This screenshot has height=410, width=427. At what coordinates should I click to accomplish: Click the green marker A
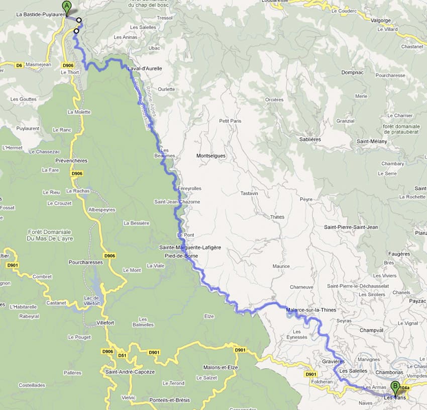(66, 7)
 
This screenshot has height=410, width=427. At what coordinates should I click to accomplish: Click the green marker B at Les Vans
(395, 388)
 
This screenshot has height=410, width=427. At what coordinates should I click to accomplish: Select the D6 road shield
(19, 65)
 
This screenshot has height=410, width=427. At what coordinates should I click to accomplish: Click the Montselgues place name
(211, 156)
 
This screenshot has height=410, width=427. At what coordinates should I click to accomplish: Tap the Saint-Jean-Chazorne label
(177, 202)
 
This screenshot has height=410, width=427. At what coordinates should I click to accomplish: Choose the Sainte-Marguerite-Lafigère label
(190, 248)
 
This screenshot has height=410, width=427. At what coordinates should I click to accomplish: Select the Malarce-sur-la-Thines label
(311, 310)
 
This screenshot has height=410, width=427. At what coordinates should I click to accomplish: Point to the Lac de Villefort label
(91, 300)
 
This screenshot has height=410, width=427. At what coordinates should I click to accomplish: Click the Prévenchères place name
(71, 161)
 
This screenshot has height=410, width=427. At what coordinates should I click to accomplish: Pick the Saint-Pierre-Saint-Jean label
(351, 227)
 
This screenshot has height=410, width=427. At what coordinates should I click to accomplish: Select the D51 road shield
(122, 355)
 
